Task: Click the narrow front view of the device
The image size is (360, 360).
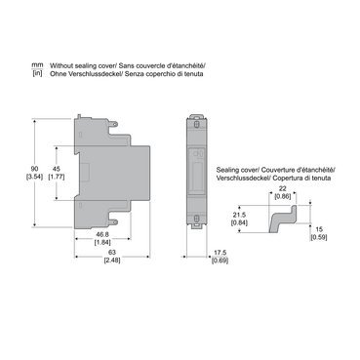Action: pyautogui.click(x=197, y=172)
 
